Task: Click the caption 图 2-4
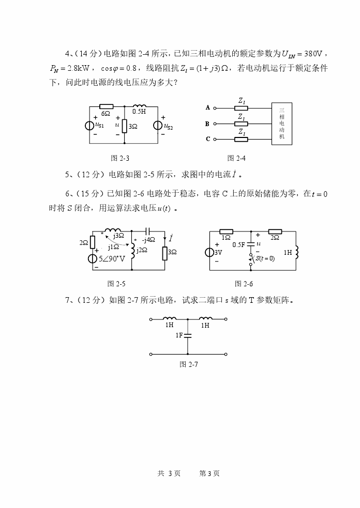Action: pos(236,158)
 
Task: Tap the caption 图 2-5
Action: pos(116,284)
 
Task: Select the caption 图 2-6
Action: pos(244,284)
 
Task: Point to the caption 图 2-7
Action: pos(189,364)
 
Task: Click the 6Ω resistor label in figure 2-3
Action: pos(106,113)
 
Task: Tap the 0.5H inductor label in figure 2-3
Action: pos(139,111)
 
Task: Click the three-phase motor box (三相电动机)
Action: pos(281,124)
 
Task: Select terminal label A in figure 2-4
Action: pos(208,108)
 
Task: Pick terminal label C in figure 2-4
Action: pos(208,139)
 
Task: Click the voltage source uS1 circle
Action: pos(90,126)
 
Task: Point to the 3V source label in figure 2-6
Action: pos(219,253)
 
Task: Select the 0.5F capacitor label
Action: pos(239,244)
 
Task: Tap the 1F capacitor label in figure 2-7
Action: pos(179,335)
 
